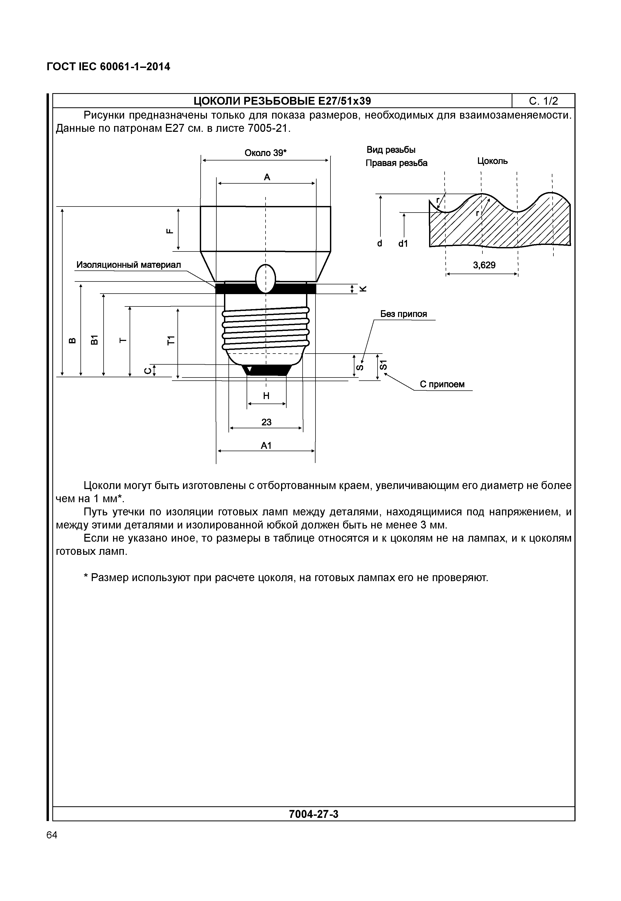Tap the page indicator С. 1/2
[x=543, y=101]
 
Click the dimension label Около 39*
[x=265, y=153]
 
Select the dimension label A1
[x=266, y=445]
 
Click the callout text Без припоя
[x=404, y=314]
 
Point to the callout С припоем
[x=442, y=384]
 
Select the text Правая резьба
[x=396, y=163]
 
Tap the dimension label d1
[x=403, y=244]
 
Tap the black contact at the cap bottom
[x=267, y=370]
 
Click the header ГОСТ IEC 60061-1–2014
[x=108, y=67]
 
